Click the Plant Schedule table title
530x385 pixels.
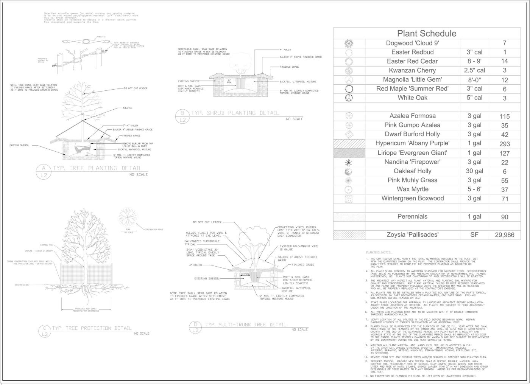[427, 33]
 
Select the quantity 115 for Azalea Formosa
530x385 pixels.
[504, 116]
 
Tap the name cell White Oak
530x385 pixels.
[412, 98]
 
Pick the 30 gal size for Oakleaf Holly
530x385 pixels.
[474, 171]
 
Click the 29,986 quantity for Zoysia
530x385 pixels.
[504, 235]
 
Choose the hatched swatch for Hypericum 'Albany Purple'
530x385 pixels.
[349, 144]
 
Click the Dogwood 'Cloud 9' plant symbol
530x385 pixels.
[349, 43]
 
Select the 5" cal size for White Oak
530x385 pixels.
[474, 98]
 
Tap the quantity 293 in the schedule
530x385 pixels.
[504, 144]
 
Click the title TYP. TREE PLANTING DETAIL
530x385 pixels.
[97, 168]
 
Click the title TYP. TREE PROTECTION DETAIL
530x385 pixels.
[92, 328]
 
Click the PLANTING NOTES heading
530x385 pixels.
[379, 252]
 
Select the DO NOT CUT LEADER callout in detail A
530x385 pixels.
[136, 88]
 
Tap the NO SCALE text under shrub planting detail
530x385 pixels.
[295, 119]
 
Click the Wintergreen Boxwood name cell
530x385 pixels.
[412, 199]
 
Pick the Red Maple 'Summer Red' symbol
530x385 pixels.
[349, 89]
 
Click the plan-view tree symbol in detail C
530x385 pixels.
[128, 217]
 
